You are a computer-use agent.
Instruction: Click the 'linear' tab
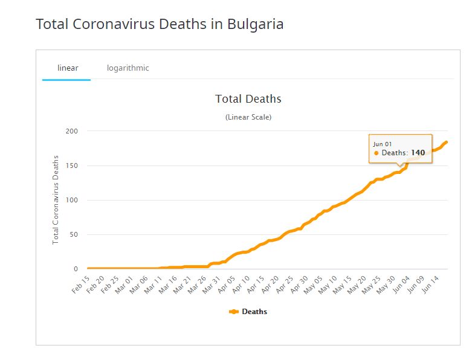(68, 68)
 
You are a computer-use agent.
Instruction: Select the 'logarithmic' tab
(128, 68)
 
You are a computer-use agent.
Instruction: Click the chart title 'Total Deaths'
(248, 98)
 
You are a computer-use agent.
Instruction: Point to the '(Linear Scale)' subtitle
(248, 117)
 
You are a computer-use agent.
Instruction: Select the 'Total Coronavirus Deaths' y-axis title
(56, 199)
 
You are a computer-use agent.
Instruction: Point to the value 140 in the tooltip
(418, 153)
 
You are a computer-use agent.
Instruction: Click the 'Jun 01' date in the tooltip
(383, 144)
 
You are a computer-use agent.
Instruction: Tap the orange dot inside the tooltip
(377, 153)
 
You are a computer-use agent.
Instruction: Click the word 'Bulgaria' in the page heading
(255, 24)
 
